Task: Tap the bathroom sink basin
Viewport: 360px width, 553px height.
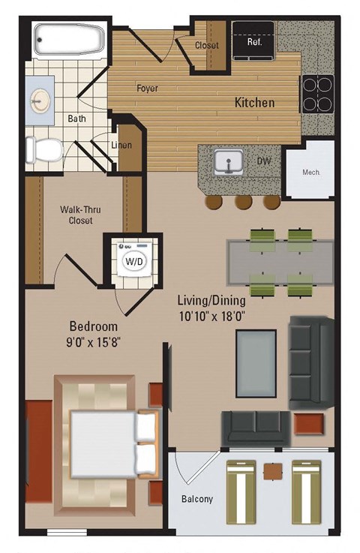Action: pos(40,98)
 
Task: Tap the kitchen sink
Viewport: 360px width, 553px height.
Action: pos(226,160)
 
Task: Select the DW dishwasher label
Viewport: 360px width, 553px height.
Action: pos(264,161)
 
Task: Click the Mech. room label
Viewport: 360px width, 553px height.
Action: pos(311,172)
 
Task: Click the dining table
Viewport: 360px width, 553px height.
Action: pos(280,262)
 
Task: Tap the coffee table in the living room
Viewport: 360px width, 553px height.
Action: pos(255,362)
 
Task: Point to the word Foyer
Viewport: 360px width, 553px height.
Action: pos(147,89)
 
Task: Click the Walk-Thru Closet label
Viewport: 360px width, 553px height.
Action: pos(76,215)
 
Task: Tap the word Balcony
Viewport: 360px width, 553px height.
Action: pos(196,499)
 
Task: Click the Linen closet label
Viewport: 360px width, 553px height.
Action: pos(121,145)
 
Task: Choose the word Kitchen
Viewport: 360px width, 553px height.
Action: pos(255,102)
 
